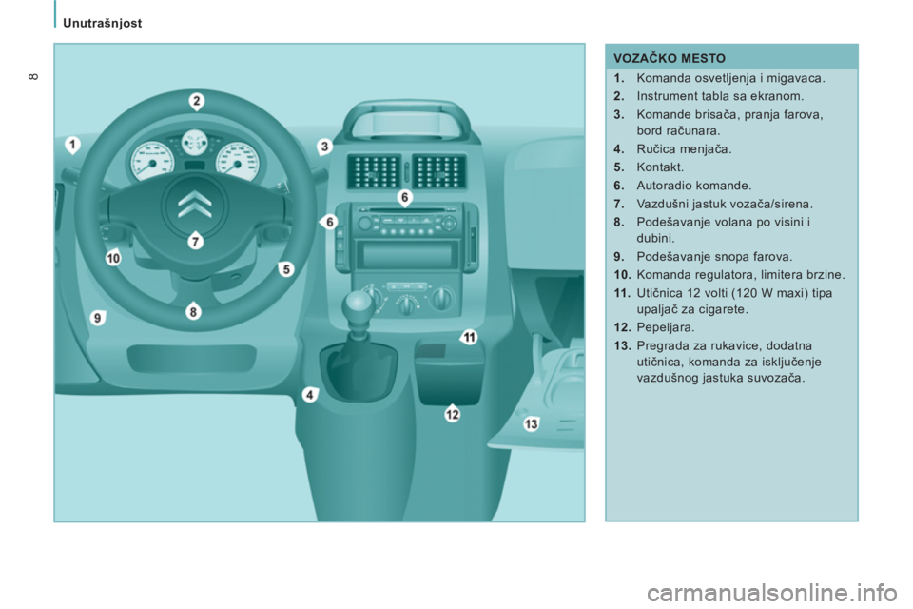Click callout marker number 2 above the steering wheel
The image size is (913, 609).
point(197,102)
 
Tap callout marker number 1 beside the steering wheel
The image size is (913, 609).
point(72,144)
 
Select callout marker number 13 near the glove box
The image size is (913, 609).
point(531,423)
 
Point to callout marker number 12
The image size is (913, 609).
point(453,414)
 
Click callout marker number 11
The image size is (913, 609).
point(469,337)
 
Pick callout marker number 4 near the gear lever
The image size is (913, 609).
point(310,395)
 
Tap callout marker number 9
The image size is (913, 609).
point(98,318)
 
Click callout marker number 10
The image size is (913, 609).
point(113,257)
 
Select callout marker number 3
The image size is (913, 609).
point(324,147)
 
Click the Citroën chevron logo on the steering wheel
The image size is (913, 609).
point(195,204)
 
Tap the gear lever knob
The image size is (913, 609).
point(359,304)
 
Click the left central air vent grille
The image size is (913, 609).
point(373,171)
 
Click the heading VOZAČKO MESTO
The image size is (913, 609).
point(670,58)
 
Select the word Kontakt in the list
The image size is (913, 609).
point(660,167)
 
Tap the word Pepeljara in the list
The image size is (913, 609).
point(666,327)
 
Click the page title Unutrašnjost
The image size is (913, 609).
point(103,23)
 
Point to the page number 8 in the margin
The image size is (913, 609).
point(34,76)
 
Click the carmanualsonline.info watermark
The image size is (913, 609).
point(772,593)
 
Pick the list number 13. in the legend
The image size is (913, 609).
point(622,345)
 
